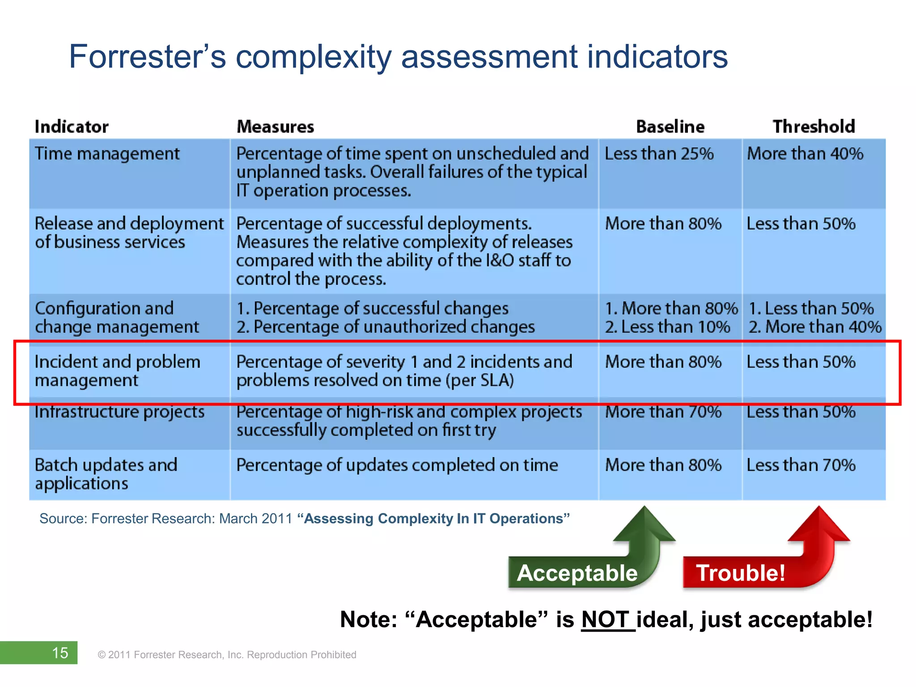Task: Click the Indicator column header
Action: (72, 127)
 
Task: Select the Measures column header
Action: (275, 127)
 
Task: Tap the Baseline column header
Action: (670, 127)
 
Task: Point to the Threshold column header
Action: (814, 127)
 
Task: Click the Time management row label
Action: (107, 154)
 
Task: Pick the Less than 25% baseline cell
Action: (659, 154)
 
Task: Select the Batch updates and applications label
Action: (106, 474)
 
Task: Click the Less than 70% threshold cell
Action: (801, 465)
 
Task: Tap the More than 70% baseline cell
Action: (663, 412)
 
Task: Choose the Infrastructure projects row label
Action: (119, 412)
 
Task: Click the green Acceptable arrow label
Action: (577, 573)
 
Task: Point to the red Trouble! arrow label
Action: (740, 573)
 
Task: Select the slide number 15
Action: (60, 653)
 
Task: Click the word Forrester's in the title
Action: (147, 57)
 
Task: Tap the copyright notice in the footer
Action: (227, 655)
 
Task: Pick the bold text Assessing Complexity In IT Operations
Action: (433, 518)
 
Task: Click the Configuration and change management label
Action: (116, 318)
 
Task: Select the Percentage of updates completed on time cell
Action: (397, 465)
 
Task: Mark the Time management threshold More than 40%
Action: (805, 154)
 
